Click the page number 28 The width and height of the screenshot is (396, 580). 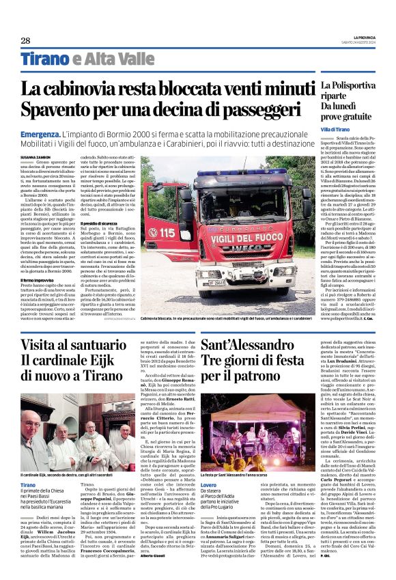(x=25, y=41)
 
